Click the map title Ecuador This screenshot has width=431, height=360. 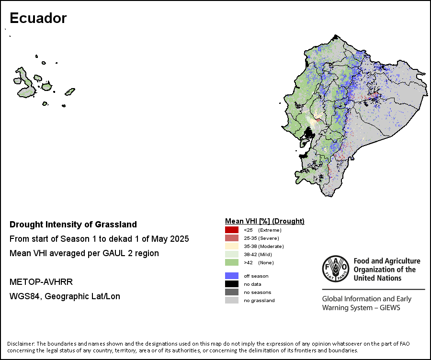38,18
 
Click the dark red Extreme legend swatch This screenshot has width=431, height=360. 232,230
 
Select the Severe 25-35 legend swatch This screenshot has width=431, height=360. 232,238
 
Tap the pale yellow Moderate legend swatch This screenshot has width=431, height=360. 232,246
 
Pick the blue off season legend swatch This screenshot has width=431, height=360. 232,276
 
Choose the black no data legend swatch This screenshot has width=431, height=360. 232,284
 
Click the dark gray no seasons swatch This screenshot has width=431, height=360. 232,292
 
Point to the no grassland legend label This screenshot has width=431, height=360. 259,300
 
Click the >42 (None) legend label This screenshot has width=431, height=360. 259,263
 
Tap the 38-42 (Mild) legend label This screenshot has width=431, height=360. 258,255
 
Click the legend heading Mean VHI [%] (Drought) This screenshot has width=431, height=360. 265,221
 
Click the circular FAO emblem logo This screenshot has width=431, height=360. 336,269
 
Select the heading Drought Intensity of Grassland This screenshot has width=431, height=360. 73,225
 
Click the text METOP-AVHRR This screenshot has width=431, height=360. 41,282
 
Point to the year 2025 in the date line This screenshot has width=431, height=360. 180,239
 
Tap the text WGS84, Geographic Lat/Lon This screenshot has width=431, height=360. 65,296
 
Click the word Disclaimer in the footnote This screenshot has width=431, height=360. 21,344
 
